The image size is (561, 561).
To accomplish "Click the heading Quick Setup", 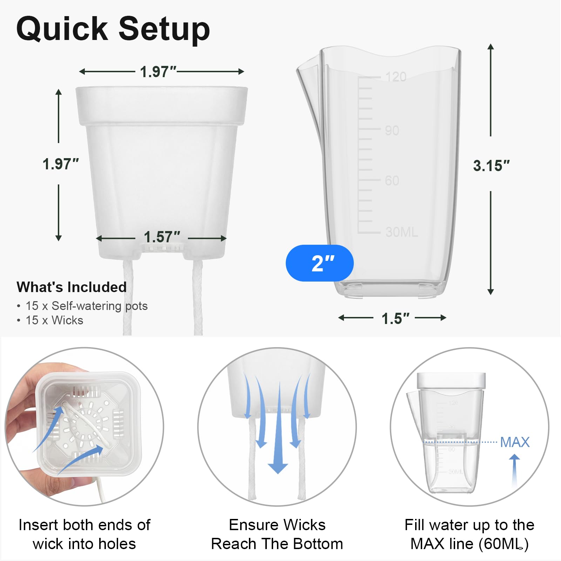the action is tap(113, 29).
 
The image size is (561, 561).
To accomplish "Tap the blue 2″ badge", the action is tap(320, 263).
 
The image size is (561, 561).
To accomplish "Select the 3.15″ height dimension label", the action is tap(491, 165).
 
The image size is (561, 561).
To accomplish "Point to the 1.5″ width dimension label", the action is tap(395, 318).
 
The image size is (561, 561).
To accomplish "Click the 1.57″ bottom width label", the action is tap(162, 237).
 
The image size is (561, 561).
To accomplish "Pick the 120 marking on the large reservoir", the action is tap(396, 76).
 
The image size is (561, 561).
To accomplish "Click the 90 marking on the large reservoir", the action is tap(392, 130).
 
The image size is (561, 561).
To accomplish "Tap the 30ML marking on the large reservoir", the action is tap(402, 232).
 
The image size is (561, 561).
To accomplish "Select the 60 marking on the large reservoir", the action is tap(392, 181).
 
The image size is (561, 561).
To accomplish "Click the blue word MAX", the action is tap(515, 442).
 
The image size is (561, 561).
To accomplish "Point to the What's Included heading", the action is tap(72, 287).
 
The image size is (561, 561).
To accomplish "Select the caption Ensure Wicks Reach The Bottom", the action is tap(277, 534).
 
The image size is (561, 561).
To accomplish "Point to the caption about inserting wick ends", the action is tap(85, 534).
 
